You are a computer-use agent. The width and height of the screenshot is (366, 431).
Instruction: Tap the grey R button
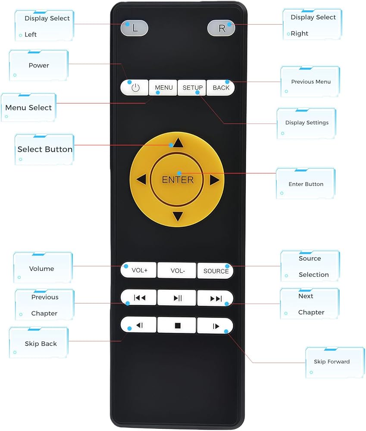point(221,28)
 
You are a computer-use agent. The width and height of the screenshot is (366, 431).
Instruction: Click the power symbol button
point(135,87)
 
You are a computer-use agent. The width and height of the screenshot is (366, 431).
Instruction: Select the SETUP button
point(192,87)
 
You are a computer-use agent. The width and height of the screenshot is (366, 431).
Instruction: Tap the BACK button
point(221,87)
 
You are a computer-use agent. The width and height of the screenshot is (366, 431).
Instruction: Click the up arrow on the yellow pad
point(178,143)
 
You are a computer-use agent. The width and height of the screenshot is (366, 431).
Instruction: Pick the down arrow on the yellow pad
point(178,216)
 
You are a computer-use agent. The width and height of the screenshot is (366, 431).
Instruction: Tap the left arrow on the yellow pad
point(141,179)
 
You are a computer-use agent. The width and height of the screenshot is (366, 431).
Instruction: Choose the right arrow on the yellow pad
point(215,180)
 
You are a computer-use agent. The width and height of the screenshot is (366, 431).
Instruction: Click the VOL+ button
point(138,270)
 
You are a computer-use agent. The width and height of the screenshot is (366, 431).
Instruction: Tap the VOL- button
point(177,270)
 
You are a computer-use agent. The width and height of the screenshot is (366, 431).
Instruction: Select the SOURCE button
point(215,271)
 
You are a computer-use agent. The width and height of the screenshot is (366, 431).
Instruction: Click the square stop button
point(177,325)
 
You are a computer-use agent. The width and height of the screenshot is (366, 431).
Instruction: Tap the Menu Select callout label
point(28,107)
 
